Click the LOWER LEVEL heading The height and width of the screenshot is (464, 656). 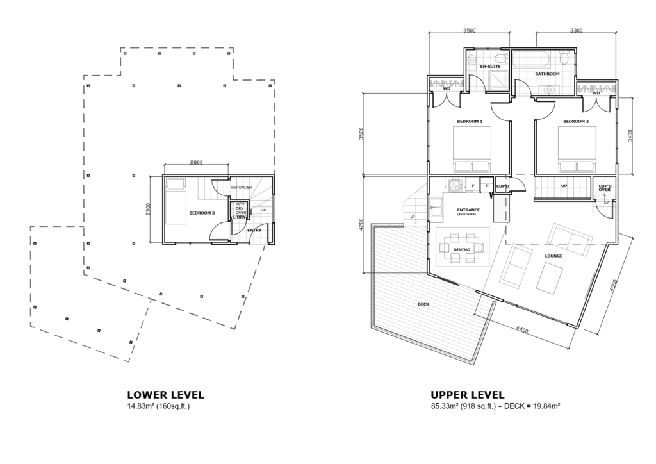pyautogui.click(x=166, y=395)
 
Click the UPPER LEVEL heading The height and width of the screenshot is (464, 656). pyautogui.click(x=468, y=395)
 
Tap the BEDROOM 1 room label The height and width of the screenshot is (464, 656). pyautogui.click(x=469, y=121)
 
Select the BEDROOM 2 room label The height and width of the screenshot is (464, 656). pyautogui.click(x=576, y=121)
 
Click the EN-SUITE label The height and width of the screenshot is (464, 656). pyautogui.click(x=489, y=66)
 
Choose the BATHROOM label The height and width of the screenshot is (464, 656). pyautogui.click(x=548, y=74)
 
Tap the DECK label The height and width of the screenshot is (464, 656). pyautogui.click(x=422, y=304)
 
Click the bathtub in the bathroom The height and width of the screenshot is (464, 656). pyautogui.click(x=531, y=61)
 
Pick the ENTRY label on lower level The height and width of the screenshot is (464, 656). pyautogui.click(x=254, y=230)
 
